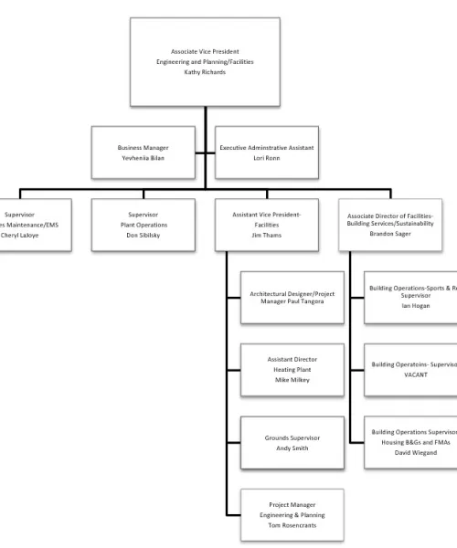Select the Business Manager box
(x=155, y=152)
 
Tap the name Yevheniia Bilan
(x=155, y=157)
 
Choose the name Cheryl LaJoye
(x=20, y=235)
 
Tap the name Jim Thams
(x=267, y=235)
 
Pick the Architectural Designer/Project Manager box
(x=292, y=297)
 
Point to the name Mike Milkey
(x=292, y=379)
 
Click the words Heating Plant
(x=292, y=369)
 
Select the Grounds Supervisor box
(x=292, y=443)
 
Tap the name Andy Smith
(x=292, y=448)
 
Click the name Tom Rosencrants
(x=292, y=525)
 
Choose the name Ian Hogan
(x=416, y=306)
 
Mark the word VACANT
(x=416, y=374)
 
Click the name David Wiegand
(x=416, y=452)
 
